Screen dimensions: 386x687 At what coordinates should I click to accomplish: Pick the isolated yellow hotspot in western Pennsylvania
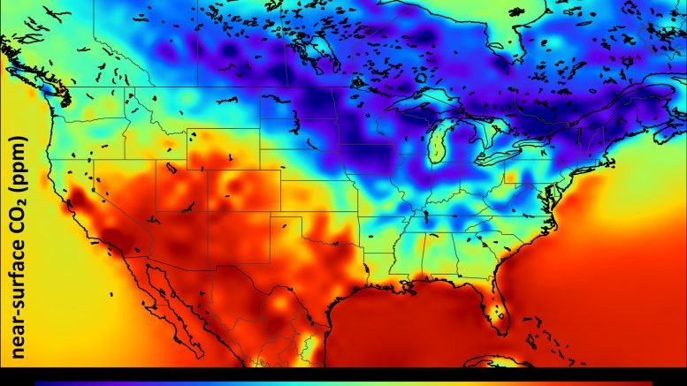tap(511, 179)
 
